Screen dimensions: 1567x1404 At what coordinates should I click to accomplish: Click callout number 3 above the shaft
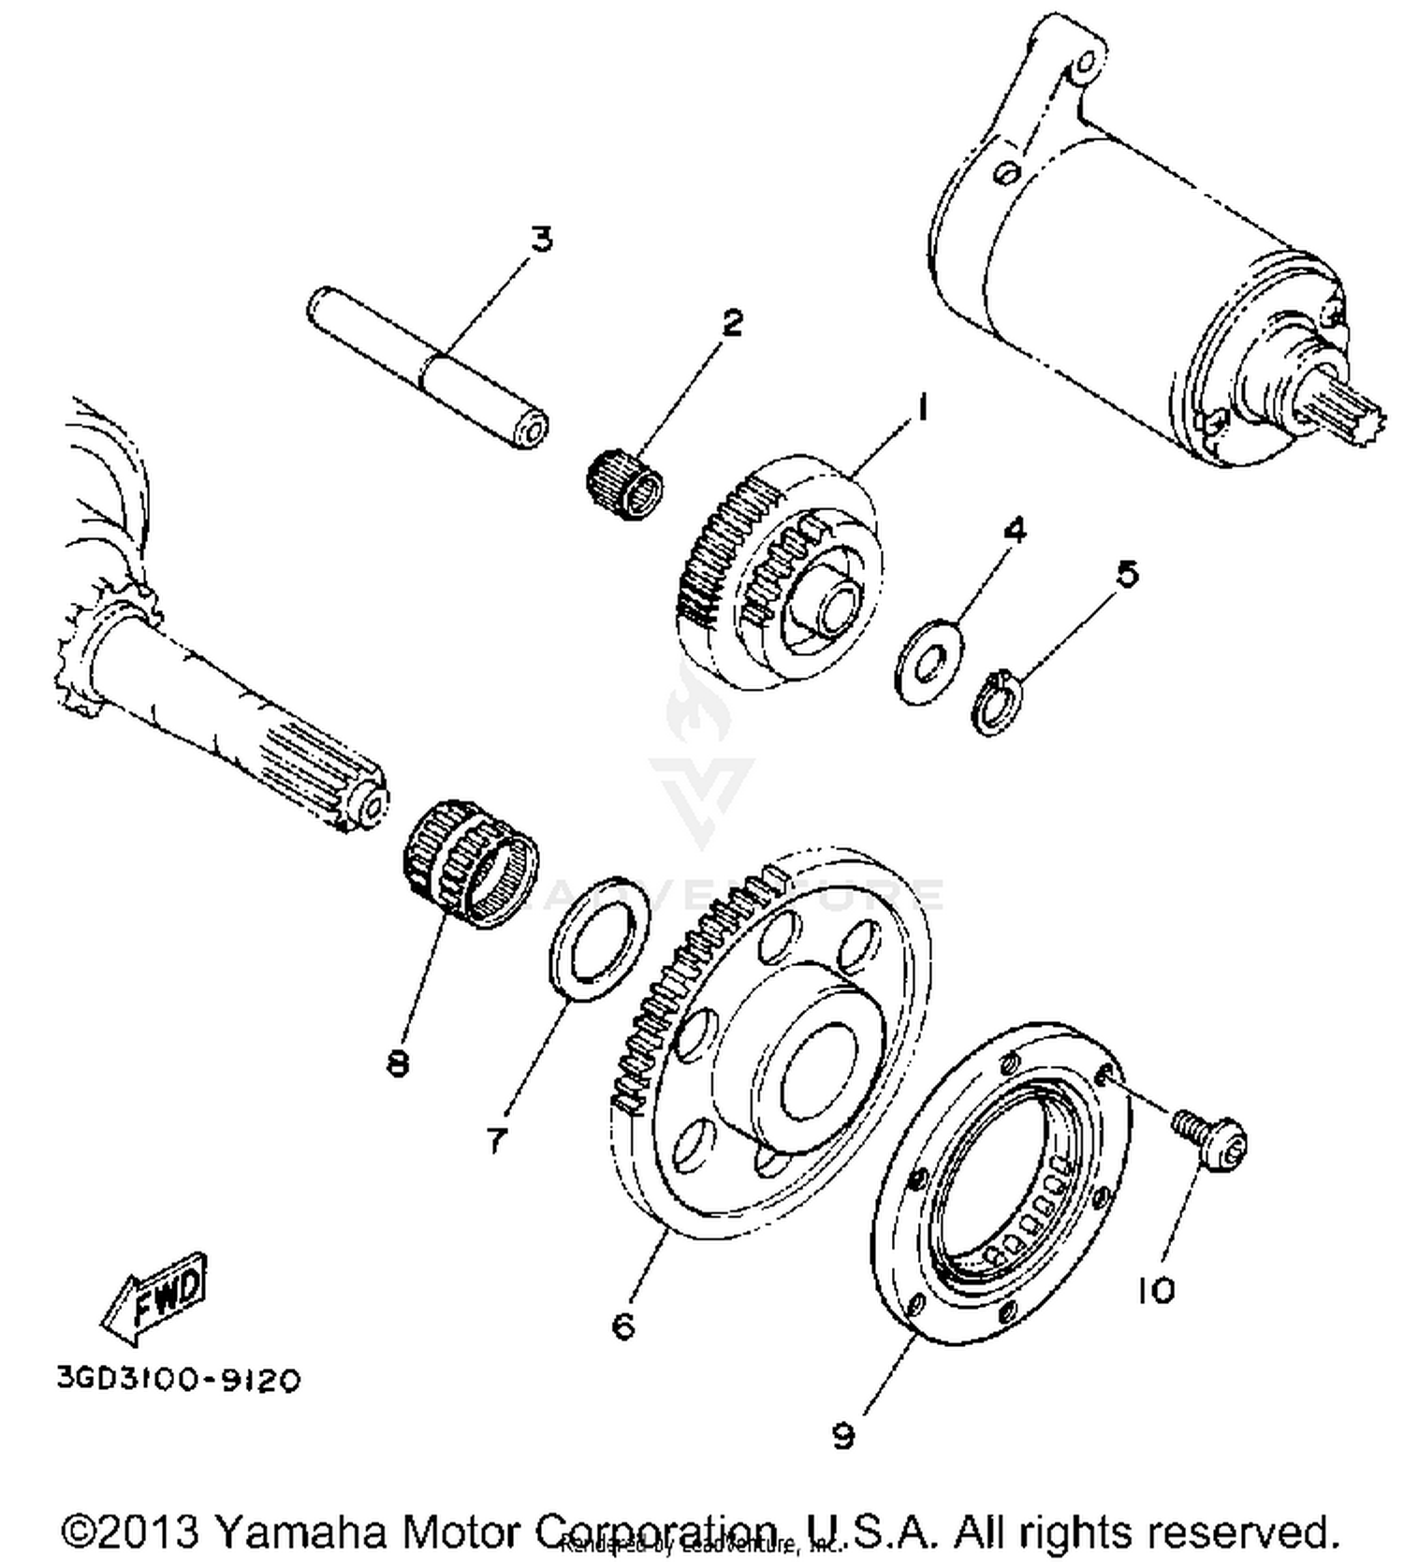pos(542,239)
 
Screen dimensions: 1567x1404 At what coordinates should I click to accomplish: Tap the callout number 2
pos(731,323)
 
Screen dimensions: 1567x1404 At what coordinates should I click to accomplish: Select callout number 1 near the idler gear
pos(921,408)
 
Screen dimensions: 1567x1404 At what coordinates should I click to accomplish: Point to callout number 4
pos(1014,530)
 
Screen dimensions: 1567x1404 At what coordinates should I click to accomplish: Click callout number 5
pos(1128,574)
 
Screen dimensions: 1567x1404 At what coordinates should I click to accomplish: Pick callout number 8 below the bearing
pos(398,1062)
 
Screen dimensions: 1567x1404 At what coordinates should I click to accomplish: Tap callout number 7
pos(496,1139)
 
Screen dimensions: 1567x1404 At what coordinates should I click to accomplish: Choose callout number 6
pos(623,1325)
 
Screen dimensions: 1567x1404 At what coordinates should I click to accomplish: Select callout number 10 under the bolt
pos(1156,1291)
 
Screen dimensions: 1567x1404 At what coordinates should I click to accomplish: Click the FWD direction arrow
pos(154,1298)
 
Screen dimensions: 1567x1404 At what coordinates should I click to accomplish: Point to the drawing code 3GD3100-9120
pos(179,1380)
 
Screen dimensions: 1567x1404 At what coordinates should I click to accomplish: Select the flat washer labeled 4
pos(929,661)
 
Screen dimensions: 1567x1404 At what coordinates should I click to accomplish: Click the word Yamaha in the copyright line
pos(300,1532)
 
